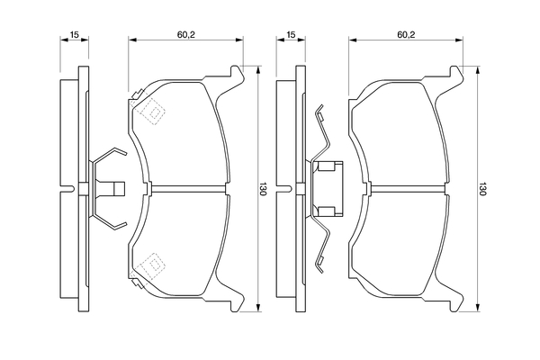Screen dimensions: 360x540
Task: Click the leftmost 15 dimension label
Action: (x=75, y=35)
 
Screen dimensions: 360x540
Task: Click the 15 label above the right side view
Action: (x=291, y=35)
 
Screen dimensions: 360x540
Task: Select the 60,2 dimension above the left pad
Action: (x=186, y=35)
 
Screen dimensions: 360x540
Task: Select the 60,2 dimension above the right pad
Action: (x=405, y=35)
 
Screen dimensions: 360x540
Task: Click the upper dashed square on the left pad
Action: (x=153, y=113)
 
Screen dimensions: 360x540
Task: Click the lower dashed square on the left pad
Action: (x=153, y=264)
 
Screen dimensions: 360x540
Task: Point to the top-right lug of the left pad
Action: (x=238, y=74)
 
